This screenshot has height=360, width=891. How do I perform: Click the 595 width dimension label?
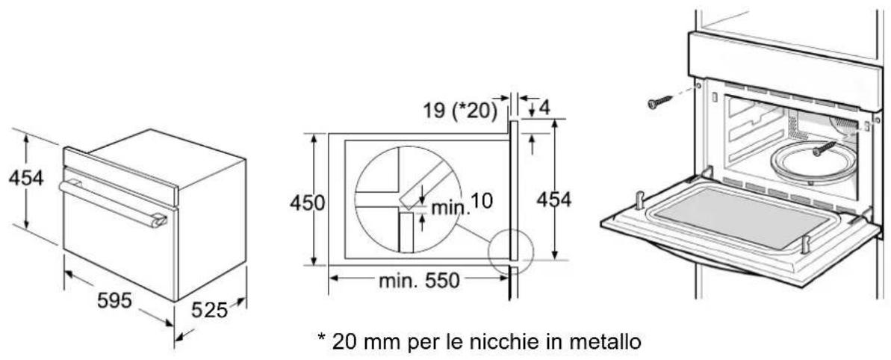114,300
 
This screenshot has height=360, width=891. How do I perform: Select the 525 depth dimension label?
209,310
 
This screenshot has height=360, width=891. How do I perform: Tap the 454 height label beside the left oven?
26,178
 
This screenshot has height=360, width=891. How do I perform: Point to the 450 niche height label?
307,202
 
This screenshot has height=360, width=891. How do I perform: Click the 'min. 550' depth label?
419,280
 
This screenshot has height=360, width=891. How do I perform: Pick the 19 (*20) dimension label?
459,110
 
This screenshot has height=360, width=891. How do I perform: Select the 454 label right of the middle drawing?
554,199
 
